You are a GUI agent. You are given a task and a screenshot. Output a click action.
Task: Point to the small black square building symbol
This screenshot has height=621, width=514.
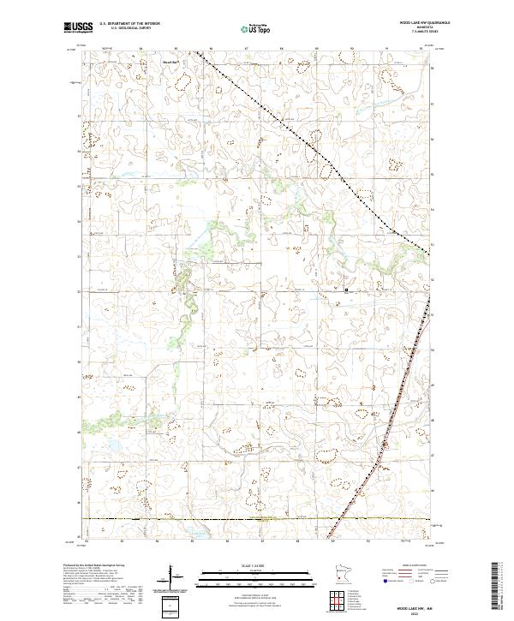coord(346,290)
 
